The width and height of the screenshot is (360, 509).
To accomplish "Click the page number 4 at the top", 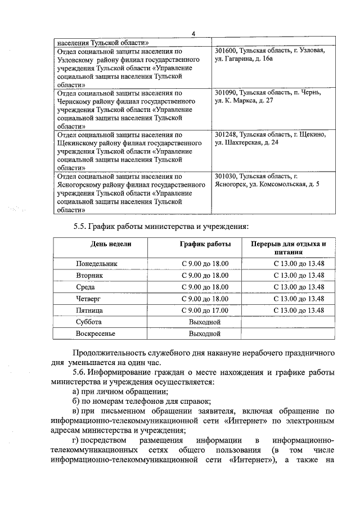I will pyautogui.click(x=193, y=34).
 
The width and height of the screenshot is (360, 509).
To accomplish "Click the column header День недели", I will pyautogui.click(x=111, y=244).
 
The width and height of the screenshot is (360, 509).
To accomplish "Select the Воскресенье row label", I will pyautogui.click(x=96, y=334).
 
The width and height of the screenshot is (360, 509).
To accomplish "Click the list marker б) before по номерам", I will pyautogui.click(x=77, y=401).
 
